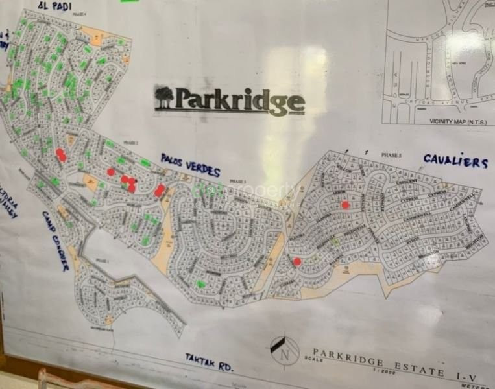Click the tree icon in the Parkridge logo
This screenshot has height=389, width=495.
[x=164, y=98]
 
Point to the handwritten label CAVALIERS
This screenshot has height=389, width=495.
[x=455, y=161]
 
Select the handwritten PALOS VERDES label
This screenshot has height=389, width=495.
[x=190, y=165]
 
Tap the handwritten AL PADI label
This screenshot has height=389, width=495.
[x=53, y=6]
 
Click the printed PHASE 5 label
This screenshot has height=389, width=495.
[x=391, y=156]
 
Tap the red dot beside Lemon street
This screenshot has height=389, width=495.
[x=345, y=205]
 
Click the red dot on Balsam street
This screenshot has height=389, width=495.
[x=297, y=262]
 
